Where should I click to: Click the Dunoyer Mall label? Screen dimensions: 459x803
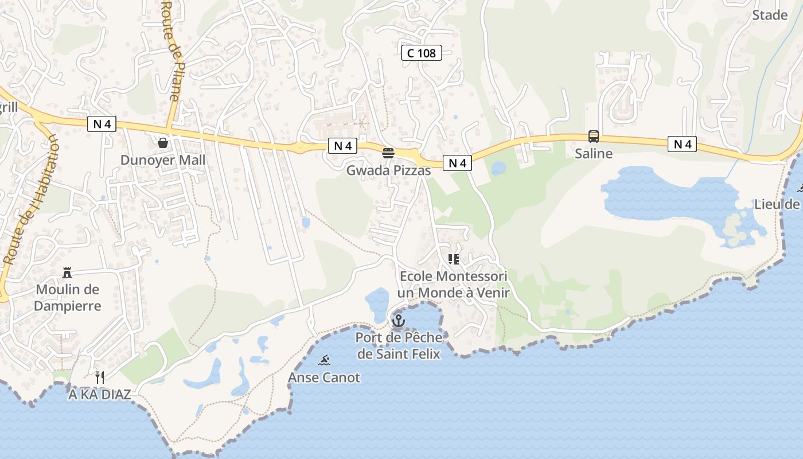tap(162, 160)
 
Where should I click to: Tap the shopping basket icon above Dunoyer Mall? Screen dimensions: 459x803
tap(163, 142)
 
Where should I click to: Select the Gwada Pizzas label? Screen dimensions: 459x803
tap(388, 170)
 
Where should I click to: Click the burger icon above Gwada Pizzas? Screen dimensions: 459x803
tap(388, 153)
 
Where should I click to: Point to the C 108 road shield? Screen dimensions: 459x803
tap(422, 53)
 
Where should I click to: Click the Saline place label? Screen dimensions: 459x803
tap(594, 154)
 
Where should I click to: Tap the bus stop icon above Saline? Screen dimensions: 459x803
tap(594, 137)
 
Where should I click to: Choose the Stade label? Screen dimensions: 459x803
tap(769, 15)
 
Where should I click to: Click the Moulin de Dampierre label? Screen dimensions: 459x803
tap(67, 298)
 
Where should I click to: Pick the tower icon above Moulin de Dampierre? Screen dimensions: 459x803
tap(67, 272)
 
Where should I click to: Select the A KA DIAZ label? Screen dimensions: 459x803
tap(99, 395)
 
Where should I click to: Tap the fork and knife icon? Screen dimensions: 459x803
tap(100, 377)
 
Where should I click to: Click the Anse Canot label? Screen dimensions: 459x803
tap(324, 378)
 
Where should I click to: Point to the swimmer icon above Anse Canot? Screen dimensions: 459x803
tap(324, 360)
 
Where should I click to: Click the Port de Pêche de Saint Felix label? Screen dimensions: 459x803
tap(399, 345)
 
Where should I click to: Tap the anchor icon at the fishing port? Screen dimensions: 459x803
tap(398, 320)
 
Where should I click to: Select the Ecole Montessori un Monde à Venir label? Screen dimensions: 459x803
tap(454, 285)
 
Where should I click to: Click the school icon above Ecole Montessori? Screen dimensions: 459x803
tap(454, 259)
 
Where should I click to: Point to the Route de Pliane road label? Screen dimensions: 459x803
tap(171, 52)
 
